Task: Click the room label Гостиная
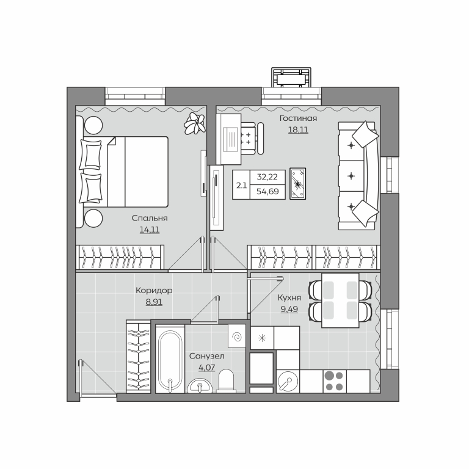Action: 298,118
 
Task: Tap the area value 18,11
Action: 298,130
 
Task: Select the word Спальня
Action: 150,219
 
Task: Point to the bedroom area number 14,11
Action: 150,230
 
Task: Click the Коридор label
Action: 154,291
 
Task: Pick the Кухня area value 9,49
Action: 289,309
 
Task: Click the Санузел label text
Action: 206,356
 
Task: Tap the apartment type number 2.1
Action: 241,186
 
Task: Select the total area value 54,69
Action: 267,191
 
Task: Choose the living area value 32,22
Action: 267,177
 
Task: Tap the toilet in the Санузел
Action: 226,381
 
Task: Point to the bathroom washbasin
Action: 200,386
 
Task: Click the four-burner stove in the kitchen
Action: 335,381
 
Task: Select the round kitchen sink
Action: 288,382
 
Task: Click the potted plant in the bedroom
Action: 195,123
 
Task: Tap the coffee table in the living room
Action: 298,184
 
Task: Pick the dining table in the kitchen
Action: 340,300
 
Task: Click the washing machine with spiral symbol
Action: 237,336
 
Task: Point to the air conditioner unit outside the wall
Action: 291,78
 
